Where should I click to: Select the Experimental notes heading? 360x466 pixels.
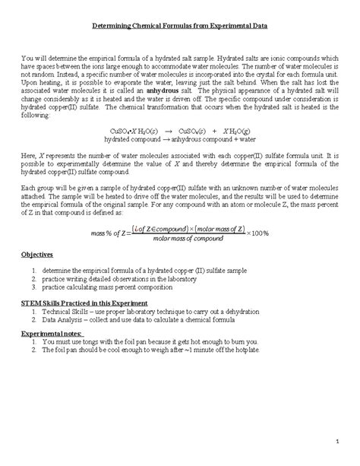pyautogui.click(x=52, y=333)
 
